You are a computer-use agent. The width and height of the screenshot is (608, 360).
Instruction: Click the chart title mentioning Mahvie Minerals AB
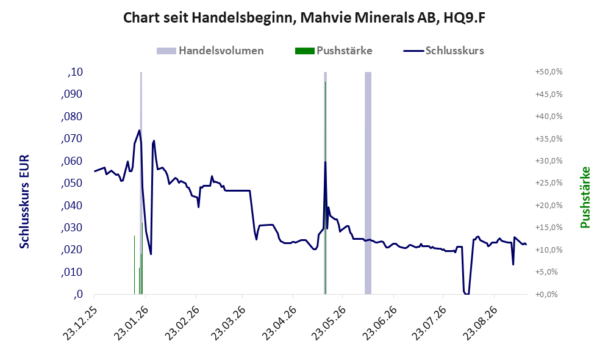click(304, 18)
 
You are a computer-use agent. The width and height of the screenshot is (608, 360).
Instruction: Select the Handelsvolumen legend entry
click(210, 51)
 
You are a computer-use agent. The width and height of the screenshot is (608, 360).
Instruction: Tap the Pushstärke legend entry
click(334, 51)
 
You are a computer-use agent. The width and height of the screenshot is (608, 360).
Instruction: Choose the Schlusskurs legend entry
click(443, 51)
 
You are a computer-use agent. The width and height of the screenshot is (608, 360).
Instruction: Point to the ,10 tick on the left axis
click(75, 72)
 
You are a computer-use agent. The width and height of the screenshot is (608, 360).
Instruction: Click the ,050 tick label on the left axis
click(72, 183)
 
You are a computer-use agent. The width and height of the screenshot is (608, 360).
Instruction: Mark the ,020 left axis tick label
click(72, 250)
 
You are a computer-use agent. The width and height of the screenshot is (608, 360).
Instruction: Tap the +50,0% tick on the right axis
click(549, 72)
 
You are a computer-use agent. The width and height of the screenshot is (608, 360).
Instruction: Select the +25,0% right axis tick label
click(549, 183)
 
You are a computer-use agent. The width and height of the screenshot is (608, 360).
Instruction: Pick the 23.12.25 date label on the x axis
click(79, 323)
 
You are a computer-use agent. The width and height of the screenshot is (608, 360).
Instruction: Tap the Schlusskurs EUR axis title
click(24, 202)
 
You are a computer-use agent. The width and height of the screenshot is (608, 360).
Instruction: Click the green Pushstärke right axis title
click(585, 198)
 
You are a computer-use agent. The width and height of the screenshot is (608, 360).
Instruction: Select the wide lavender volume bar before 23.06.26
click(368, 183)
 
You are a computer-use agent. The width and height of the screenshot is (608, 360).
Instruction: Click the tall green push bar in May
click(325, 188)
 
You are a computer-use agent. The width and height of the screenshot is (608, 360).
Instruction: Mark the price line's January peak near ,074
click(139, 130)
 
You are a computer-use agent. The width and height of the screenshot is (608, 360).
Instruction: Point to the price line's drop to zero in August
click(467, 293)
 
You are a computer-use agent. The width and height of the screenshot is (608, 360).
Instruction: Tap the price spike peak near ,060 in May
click(325, 162)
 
